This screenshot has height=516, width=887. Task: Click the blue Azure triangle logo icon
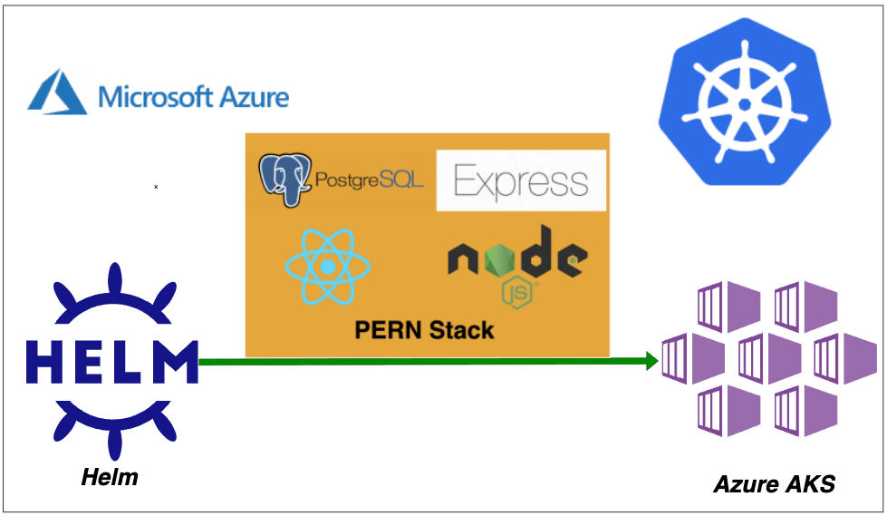pyautogui.click(x=57, y=93)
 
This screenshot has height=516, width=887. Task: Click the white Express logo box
pyautogui.click(x=521, y=181)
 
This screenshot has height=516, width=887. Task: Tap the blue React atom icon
pyautogui.click(x=327, y=266)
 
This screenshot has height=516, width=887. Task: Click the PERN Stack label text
pyautogui.click(x=426, y=329)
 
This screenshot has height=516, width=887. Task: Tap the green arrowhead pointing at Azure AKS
pyautogui.click(x=650, y=362)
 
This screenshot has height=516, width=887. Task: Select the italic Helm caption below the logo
pyautogui.click(x=110, y=477)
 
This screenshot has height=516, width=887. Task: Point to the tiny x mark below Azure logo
pyautogui.click(x=156, y=187)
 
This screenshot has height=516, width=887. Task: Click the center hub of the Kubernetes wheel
pyautogui.click(x=745, y=104)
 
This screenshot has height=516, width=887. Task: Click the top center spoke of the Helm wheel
pyautogui.click(x=114, y=277)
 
